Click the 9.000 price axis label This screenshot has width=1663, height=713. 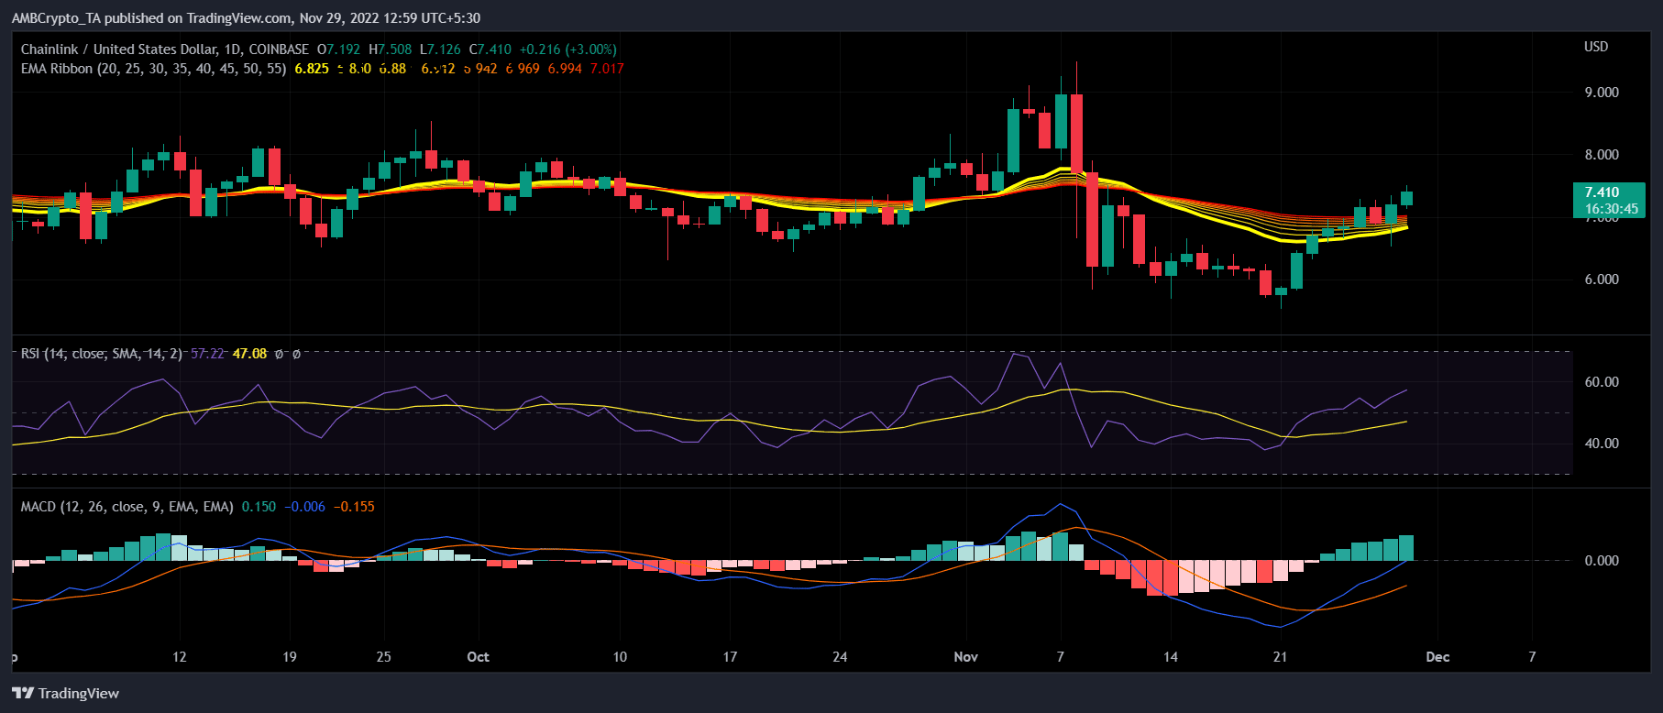(1601, 93)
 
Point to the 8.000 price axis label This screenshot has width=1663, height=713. (1601, 155)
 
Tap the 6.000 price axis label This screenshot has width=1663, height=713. (1601, 280)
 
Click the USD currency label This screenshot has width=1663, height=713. (1596, 47)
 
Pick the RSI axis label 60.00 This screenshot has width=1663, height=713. (1601, 382)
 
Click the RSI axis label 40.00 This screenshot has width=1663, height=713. (1601, 444)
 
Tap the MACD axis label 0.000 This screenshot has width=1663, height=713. (1601, 561)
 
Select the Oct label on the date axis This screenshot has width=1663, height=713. (478, 657)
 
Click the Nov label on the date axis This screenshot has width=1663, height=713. (965, 657)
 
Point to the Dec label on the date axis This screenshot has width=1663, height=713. (1437, 657)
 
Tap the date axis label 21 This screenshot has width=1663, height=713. (1280, 657)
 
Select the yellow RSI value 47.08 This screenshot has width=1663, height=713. (249, 354)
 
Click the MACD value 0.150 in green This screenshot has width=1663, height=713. (259, 507)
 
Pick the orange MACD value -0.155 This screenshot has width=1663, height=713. (354, 507)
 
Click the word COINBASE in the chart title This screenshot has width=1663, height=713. (279, 49)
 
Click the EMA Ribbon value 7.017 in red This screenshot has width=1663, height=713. (607, 69)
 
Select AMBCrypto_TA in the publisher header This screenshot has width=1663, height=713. (55, 18)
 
